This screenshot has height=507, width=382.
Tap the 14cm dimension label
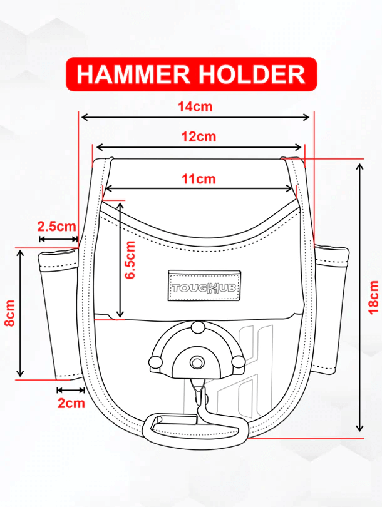point(195,106)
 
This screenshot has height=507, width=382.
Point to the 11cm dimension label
point(199,178)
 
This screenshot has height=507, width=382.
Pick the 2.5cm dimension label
point(56,226)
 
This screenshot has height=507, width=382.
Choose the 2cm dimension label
point(71,404)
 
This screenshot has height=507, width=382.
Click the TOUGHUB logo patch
point(205,285)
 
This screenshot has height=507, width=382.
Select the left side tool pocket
point(59,313)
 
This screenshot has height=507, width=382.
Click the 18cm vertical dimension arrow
point(359,297)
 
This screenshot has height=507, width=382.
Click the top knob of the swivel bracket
point(196,326)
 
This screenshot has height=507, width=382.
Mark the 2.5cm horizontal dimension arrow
point(58,238)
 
